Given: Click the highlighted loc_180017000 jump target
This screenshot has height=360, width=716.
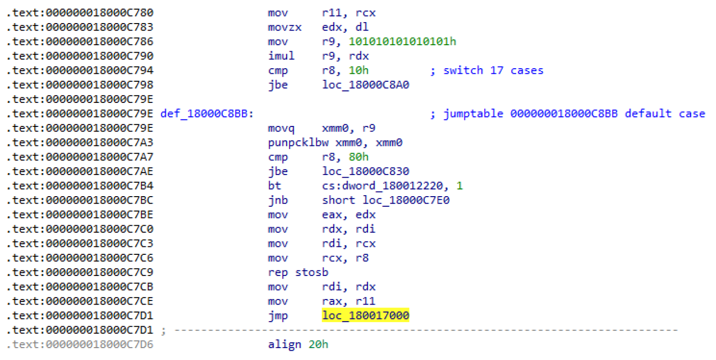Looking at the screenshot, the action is tap(365, 316).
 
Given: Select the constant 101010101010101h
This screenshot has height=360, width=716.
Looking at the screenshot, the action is tap(403, 42).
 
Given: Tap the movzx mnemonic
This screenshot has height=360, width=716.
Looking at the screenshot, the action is tap(284, 27).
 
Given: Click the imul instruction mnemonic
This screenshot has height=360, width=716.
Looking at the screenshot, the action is tap(281, 56).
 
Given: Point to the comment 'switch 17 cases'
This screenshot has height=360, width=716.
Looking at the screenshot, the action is tap(493, 70).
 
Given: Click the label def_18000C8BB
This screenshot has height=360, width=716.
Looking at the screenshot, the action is tap(207, 114).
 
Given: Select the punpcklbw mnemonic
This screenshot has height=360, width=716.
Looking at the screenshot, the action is tap(298, 143).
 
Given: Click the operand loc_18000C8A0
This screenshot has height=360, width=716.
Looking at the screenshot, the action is tap(365, 85).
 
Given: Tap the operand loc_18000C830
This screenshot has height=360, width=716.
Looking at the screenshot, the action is tap(365, 171).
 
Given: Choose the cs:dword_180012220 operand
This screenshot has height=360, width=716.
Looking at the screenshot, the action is tap(382, 186).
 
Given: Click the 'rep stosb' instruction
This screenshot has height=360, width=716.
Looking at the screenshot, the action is tap(298, 272).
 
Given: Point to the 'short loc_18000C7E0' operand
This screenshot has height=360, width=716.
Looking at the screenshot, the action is tap(385, 200).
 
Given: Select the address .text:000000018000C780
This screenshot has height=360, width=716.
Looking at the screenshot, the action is tap(80, 13).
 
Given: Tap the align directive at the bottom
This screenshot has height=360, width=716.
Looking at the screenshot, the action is tap(284, 345).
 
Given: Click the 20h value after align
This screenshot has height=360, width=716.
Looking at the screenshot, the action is tap(319, 345).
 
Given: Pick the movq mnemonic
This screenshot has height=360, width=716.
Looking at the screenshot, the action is tap(281, 128).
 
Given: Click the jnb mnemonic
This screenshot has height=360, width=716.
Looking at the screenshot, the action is tap(278, 200).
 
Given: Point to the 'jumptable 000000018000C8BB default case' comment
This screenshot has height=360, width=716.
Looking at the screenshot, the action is tap(574, 114).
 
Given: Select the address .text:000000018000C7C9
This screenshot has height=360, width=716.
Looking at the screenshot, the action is tap(80, 272).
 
